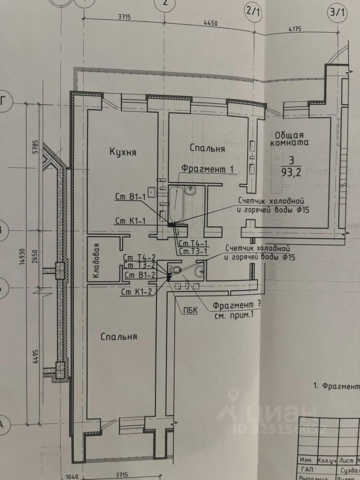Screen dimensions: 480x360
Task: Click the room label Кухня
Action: pos(122,152)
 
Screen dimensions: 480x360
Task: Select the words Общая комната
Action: pos(289,138)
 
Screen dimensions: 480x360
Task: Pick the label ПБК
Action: pos(190,310)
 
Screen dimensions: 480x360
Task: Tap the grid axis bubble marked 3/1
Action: pos(336,11)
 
